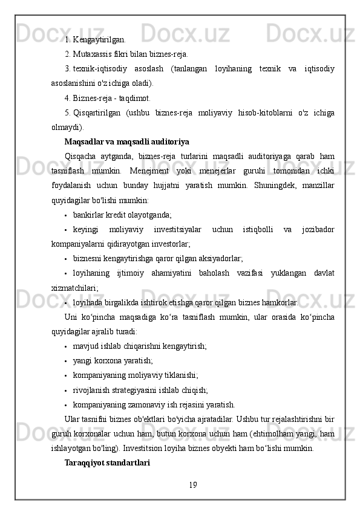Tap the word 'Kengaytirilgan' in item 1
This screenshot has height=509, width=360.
(99, 40)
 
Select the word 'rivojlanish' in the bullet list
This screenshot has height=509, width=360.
(92, 390)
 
